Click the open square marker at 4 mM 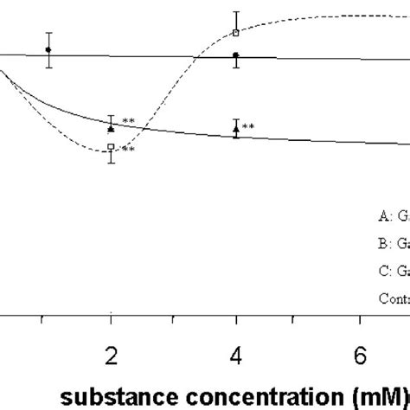236,33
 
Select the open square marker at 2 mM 111,147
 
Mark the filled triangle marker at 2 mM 111,127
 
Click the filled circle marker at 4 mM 236,55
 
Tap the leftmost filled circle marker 48,49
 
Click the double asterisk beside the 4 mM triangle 248,127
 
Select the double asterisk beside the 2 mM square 127,150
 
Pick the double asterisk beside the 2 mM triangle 127,121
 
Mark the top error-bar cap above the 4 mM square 236,12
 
